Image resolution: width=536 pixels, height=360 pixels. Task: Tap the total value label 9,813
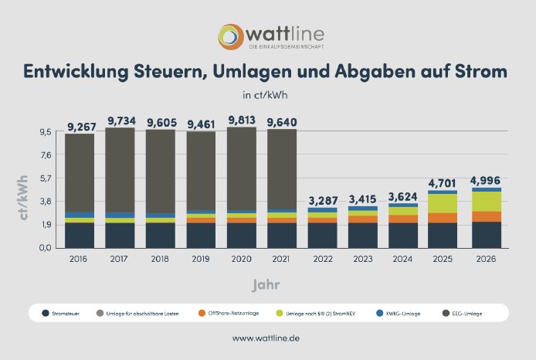point(242,120)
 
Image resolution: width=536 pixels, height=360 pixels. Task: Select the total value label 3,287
point(322,201)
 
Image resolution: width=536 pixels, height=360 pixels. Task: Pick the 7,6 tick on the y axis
point(46,155)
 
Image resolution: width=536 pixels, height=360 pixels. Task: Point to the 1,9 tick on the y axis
point(46,225)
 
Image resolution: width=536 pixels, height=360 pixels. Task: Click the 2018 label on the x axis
point(160,260)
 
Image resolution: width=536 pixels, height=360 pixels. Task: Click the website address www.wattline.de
point(267,338)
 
